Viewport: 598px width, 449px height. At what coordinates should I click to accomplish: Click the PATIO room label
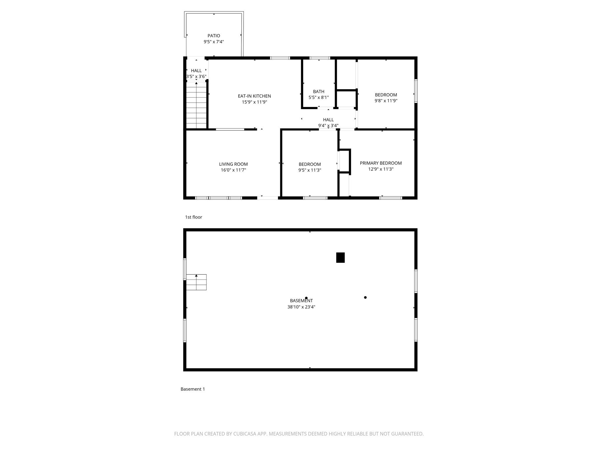[x=214, y=36]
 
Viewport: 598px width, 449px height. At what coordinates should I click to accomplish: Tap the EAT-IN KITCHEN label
[x=254, y=96]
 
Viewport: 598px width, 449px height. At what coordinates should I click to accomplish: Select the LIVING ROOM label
[x=233, y=164]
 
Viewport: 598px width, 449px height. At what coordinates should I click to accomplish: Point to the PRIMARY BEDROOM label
[x=381, y=163]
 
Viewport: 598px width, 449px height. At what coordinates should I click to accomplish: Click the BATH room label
[x=319, y=91]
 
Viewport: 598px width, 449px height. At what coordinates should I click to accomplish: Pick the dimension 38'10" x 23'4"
[x=301, y=307]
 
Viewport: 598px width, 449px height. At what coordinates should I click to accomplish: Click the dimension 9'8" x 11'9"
[x=386, y=101]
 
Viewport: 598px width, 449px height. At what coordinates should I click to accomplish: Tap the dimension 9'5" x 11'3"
[x=310, y=170]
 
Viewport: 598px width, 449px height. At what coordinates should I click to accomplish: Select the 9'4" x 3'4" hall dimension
[x=328, y=126]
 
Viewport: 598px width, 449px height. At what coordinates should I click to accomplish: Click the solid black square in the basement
[x=340, y=258]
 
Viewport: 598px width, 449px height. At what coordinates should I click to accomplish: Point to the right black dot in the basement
[x=365, y=297]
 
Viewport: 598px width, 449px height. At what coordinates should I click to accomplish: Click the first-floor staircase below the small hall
[x=197, y=105]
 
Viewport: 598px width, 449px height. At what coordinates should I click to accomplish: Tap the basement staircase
[x=196, y=282]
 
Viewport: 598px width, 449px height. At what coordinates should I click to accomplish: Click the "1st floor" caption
[x=194, y=217]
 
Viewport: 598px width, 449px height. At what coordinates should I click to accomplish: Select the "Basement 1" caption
[x=193, y=389]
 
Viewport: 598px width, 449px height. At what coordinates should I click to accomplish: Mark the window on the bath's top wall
[x=320, y=58]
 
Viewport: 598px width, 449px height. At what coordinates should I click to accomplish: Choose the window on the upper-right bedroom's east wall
[x=416, y=91]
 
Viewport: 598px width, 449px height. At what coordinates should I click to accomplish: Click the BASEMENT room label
[x=301, y=301]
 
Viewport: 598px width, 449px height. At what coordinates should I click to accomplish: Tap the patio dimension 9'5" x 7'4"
[x=214, y=42]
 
